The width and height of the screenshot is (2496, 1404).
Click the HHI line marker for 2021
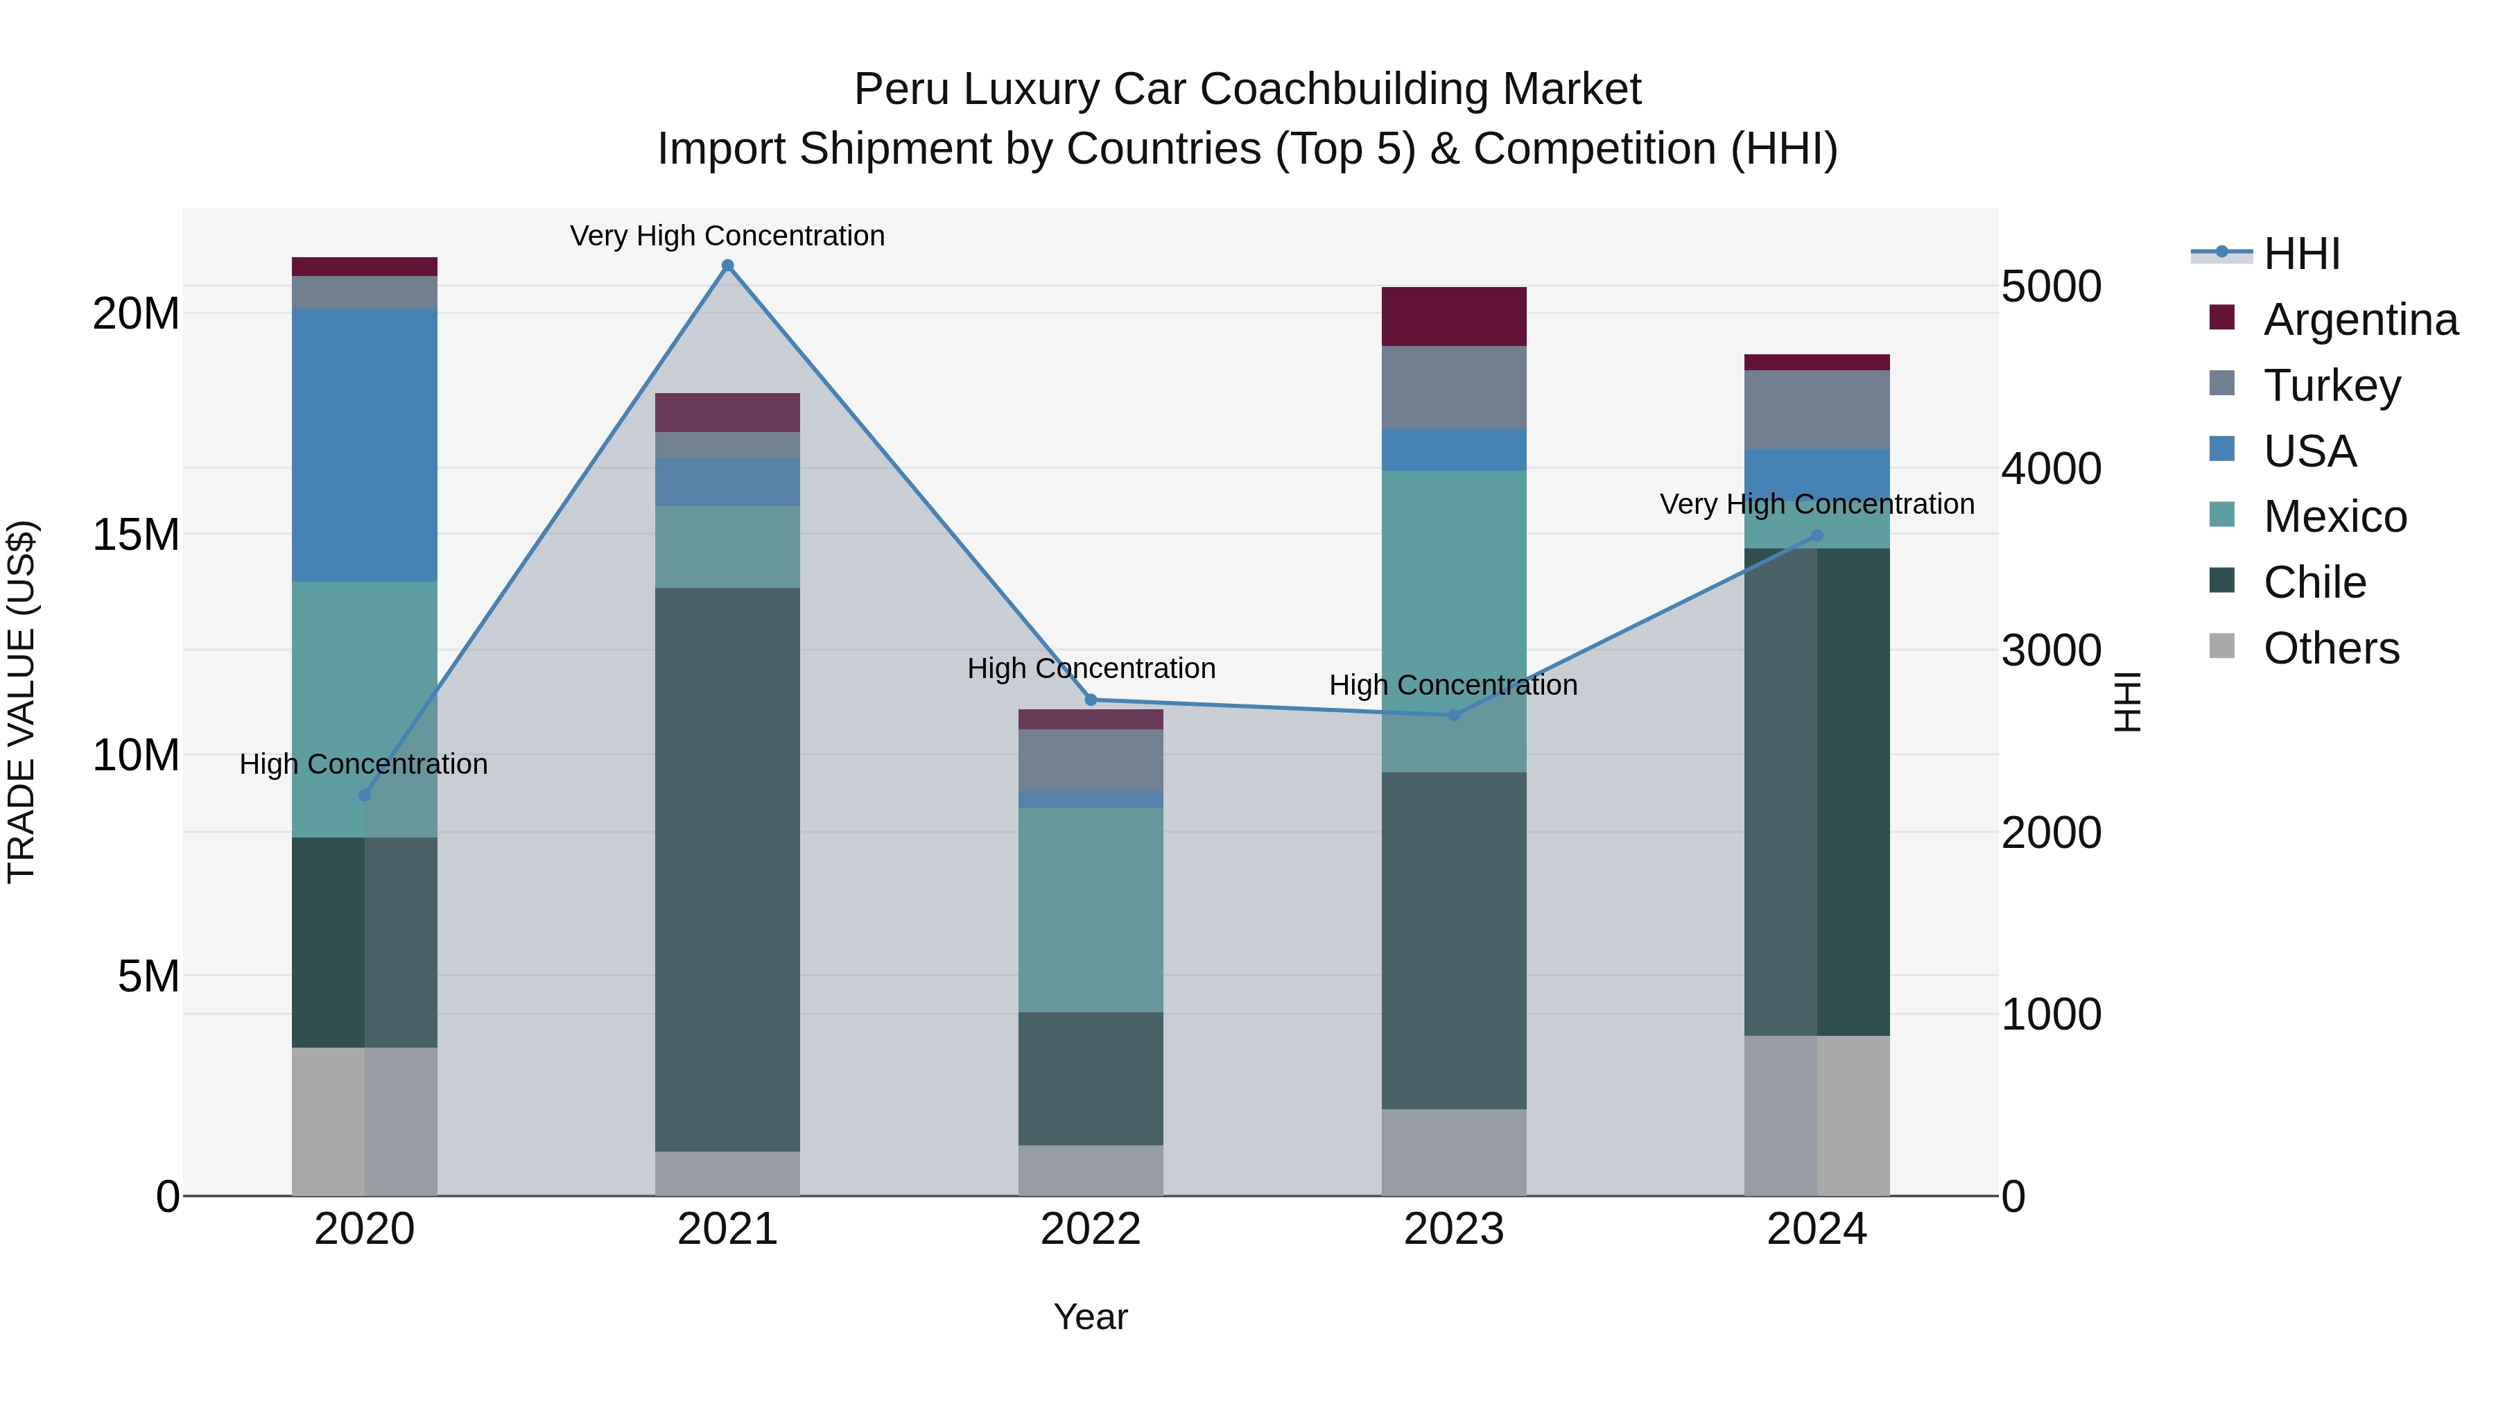click(728, 266)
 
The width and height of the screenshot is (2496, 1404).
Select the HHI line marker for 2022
click(1091, 700)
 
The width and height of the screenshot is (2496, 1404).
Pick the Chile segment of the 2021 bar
click(728, 869)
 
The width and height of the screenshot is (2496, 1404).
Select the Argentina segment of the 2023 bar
click(1453, 316)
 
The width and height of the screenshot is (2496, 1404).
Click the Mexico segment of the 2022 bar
click(1091, 910)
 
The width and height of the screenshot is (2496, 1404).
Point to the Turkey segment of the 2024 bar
click(1817, 410)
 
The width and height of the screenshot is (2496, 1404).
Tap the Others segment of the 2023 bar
click(1453, 1152)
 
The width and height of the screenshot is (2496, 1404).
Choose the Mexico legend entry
click(2334, 517)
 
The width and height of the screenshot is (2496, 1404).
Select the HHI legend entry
click(2301, 254)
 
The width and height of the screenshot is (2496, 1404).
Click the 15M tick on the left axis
click(136, 535)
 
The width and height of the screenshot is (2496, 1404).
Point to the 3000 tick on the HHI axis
click(2050, 650)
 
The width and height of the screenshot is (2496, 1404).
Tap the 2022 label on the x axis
click(1091, 1229)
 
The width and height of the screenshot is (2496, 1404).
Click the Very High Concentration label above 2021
click(728, 236)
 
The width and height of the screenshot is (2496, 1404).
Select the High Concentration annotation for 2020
click(363, 765)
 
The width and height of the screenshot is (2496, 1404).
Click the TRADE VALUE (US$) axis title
click(21, 702)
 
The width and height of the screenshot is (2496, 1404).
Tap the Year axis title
click(1091, 1317)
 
